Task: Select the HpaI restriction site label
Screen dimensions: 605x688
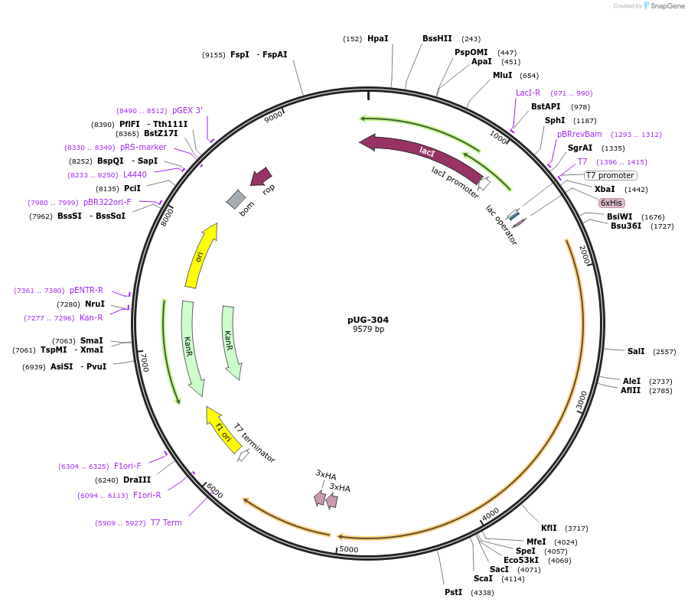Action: tap(377, 38)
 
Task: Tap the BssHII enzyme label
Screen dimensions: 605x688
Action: tap(437, 38)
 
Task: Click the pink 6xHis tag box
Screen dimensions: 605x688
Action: tap(611, 203)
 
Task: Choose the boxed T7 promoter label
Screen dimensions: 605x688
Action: tap(610, 175)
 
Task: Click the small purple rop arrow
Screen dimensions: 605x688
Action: tap(261, 177)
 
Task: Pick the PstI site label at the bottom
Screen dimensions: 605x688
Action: tap(453, 592)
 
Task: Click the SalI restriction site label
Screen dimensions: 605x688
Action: tap(636, 351)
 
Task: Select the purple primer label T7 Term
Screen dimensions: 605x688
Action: tap(166, 522)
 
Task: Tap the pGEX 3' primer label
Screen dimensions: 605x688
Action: tap(187, 110)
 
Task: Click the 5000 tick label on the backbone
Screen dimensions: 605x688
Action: tap(348, 549)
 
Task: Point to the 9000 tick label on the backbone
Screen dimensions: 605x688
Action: tap(273, 116)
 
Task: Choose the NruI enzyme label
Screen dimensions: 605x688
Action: tap(95, 304)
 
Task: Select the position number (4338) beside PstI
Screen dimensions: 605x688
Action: tap(482, 593)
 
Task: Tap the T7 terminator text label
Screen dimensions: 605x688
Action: tap(255, 443)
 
